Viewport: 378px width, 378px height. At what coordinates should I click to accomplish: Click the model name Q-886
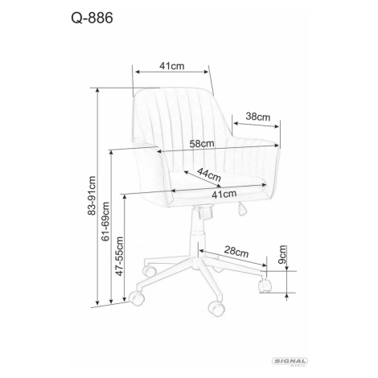92,18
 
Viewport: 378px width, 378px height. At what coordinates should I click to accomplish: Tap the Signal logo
290,361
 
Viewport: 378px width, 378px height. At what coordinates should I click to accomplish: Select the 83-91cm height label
92,195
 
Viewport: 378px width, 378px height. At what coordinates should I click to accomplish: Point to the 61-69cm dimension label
105,221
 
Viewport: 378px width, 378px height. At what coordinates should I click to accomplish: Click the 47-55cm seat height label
119,256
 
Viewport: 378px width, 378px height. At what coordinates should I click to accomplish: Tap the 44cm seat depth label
209,175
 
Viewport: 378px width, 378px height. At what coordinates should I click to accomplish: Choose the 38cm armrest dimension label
258,117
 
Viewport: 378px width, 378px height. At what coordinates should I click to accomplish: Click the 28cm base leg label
236,252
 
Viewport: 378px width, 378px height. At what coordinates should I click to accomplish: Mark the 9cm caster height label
282,254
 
